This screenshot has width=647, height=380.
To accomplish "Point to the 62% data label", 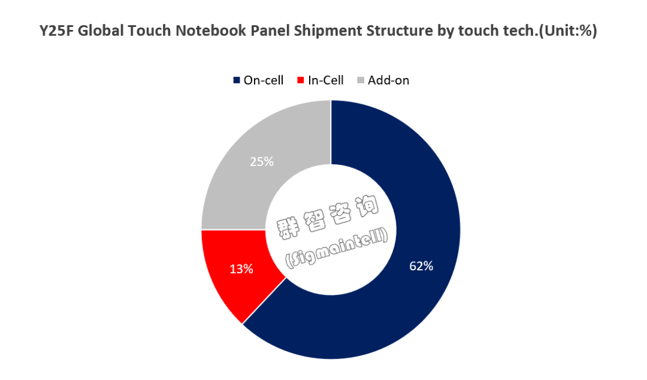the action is coord(421,266).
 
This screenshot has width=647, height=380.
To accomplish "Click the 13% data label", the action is coord(241,269).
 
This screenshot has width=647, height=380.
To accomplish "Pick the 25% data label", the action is coord(262,162).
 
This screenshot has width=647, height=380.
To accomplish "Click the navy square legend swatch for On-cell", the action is coord(237,80).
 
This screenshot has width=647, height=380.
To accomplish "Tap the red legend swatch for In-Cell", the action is coord(300,80).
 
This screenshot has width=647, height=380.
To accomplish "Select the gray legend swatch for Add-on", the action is coord(361,80).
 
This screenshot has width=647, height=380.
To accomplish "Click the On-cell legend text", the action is coord(263,80).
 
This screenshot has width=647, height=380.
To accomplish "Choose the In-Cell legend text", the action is coord(325,80).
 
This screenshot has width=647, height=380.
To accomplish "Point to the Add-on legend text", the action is coord(388,80).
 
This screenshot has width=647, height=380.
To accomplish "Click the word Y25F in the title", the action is coord(56,31).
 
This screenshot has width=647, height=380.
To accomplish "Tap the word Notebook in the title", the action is coord(211,31).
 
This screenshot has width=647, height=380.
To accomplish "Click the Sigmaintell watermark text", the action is coord(337,248).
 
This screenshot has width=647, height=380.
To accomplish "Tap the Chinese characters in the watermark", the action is coord(328,217).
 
